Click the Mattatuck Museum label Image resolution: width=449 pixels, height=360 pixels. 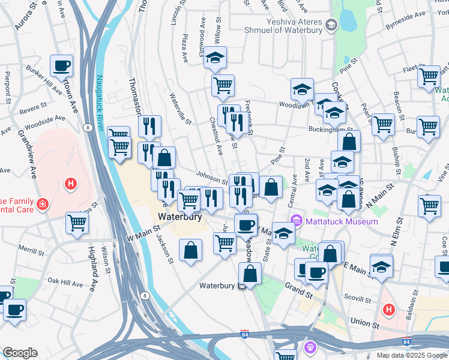click(342, 221)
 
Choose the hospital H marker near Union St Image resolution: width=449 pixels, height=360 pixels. click(388, 310)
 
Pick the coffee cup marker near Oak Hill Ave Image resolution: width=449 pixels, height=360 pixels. click(15, 310)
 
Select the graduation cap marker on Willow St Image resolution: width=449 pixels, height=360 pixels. click(214, 58)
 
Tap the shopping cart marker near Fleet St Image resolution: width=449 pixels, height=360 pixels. click(429, 76)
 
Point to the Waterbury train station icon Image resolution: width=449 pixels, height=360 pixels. click(241, 285)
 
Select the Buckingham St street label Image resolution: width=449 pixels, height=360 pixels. click(329, 128)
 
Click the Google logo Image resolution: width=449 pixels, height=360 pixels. click(20, 353)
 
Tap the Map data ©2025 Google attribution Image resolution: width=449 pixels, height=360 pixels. click(411, 355)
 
